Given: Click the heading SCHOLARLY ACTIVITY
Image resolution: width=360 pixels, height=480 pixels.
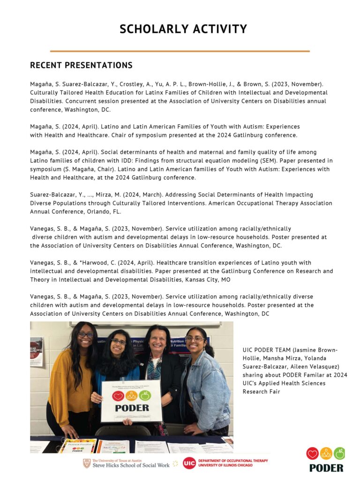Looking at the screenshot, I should (183, 29).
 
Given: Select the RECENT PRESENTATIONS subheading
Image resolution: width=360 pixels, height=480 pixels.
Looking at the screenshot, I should (81, 65).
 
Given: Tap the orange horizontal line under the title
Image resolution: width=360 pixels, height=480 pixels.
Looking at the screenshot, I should (180, 51).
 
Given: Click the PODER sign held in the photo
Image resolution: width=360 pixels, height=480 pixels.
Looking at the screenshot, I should (132, 401).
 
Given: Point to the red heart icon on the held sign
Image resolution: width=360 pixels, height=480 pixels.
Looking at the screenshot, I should (118, 396).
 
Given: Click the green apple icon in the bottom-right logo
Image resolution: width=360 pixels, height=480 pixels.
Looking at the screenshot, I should (339, 453).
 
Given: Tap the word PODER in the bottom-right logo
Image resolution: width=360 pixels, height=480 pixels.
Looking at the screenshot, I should (326, 468).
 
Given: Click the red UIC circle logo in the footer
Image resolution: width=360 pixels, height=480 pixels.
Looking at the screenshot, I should (189, 463).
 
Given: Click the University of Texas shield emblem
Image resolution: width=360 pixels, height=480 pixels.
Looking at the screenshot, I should (87, 464).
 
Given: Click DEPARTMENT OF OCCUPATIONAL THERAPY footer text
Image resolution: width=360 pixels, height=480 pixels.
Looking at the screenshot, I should (233, 461).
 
